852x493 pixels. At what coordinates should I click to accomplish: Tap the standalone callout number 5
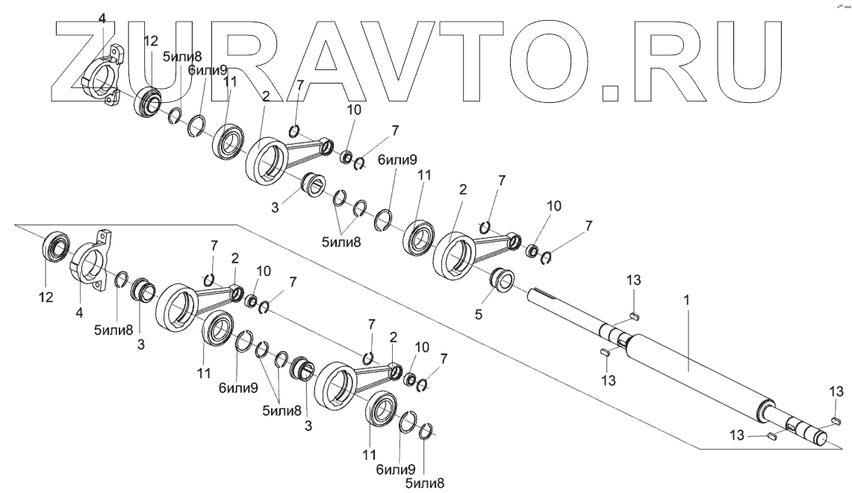click(479, 315)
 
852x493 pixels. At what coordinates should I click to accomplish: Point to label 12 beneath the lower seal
click(46, 298)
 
